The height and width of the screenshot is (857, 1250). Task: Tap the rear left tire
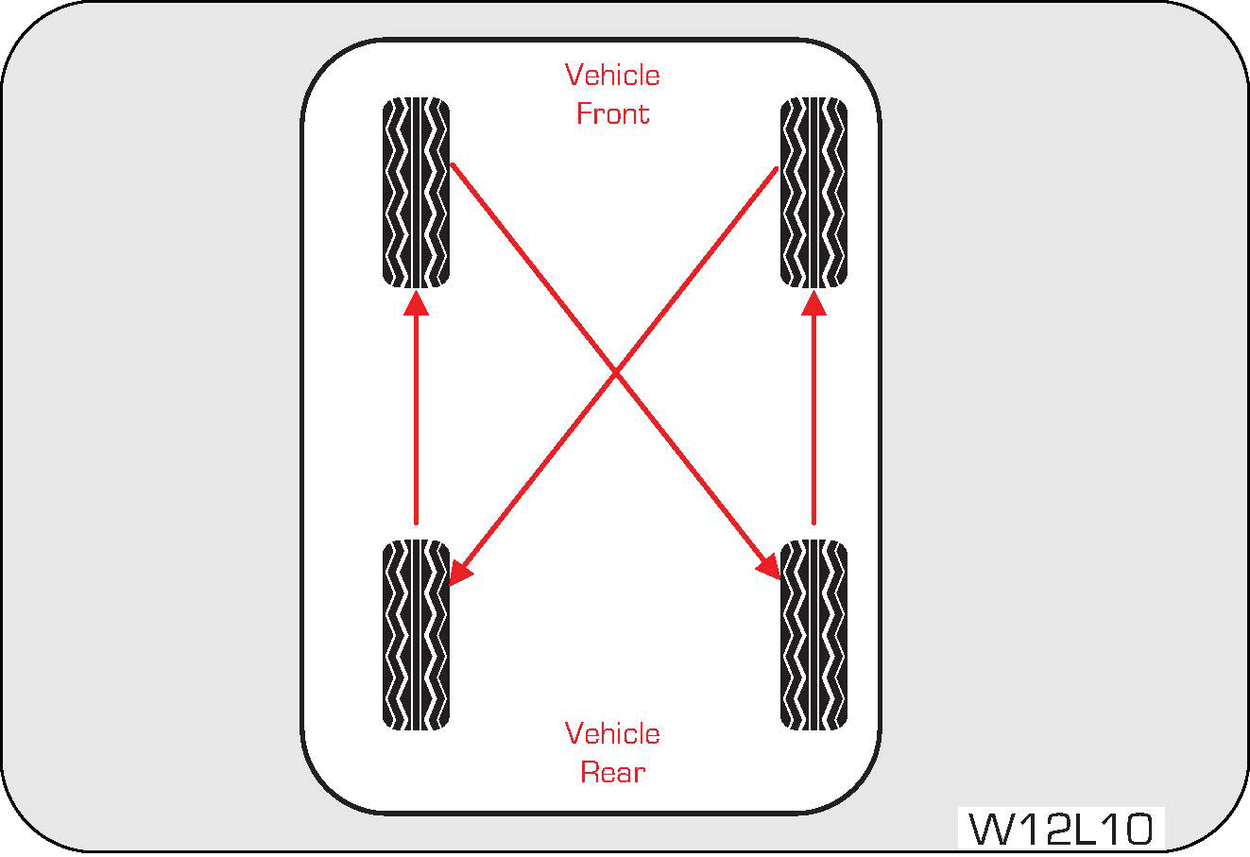click(x=416, y=635)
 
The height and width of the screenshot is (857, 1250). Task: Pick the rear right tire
click(x=813, y=635)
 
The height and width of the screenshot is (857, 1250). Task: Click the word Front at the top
click(x=612, y=114)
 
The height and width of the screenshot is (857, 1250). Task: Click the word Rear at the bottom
click(x=612, y=773)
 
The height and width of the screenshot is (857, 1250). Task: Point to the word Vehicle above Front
click(x=612, y=75)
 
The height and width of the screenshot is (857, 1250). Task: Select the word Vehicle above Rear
click(x=612, y=733)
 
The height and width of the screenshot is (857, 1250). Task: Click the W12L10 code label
click(x=1061, y=830)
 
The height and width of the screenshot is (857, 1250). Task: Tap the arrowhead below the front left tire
click(x=416, y=301)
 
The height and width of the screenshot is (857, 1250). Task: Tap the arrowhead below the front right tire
click(x=813, y=301)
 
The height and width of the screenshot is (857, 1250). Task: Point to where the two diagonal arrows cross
click(x=615, y=373)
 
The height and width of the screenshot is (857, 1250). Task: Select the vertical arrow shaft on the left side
click(x=416, y=416)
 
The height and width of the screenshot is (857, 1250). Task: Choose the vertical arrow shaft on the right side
click(x=813, y=416)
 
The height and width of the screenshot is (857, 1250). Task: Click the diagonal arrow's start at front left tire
click(x=454, y=166)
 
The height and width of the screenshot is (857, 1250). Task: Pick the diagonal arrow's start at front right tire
click(x=775, y=170)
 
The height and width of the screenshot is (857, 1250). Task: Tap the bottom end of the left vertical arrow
click(x=416, y=521)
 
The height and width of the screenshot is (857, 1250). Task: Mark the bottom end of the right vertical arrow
click(x=813, y=521)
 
